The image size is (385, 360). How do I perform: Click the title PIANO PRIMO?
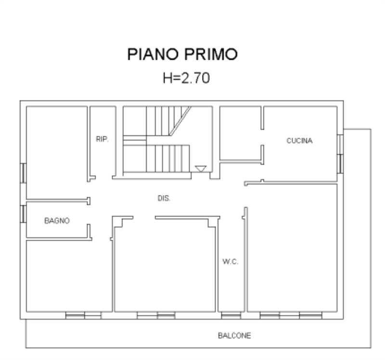pos(182,54)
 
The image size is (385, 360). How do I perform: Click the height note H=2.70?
pos(186,78)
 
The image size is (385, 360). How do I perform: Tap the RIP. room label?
pos(102,140)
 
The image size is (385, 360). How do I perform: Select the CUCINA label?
pos(299,141)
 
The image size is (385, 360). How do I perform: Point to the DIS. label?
pos(164,198)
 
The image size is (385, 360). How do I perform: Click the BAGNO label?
pos(57,221)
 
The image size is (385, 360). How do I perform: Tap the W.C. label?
pos(231,262)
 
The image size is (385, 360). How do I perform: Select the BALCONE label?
pos(234,335)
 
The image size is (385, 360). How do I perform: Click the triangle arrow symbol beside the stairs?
pos(201,169)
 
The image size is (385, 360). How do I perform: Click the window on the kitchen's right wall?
pos(340,154)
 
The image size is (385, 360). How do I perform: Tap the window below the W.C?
pos(231,316)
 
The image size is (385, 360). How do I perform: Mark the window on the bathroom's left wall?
pos(23,214)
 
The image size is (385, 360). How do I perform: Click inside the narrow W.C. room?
pos(231,284)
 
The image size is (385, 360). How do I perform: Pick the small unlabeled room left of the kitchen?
pos(240,132)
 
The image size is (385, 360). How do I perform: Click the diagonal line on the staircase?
pos(180,120)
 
